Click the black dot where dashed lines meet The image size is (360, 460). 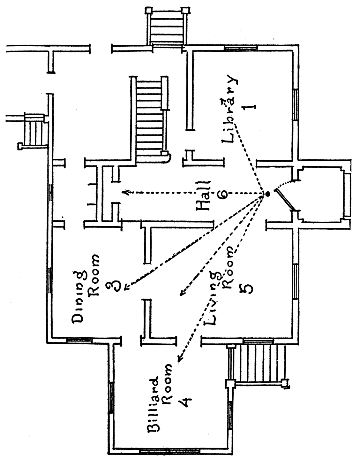pos(267,194)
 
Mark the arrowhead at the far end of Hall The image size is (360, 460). pos(125,192)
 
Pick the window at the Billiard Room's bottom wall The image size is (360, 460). pos(169,451)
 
